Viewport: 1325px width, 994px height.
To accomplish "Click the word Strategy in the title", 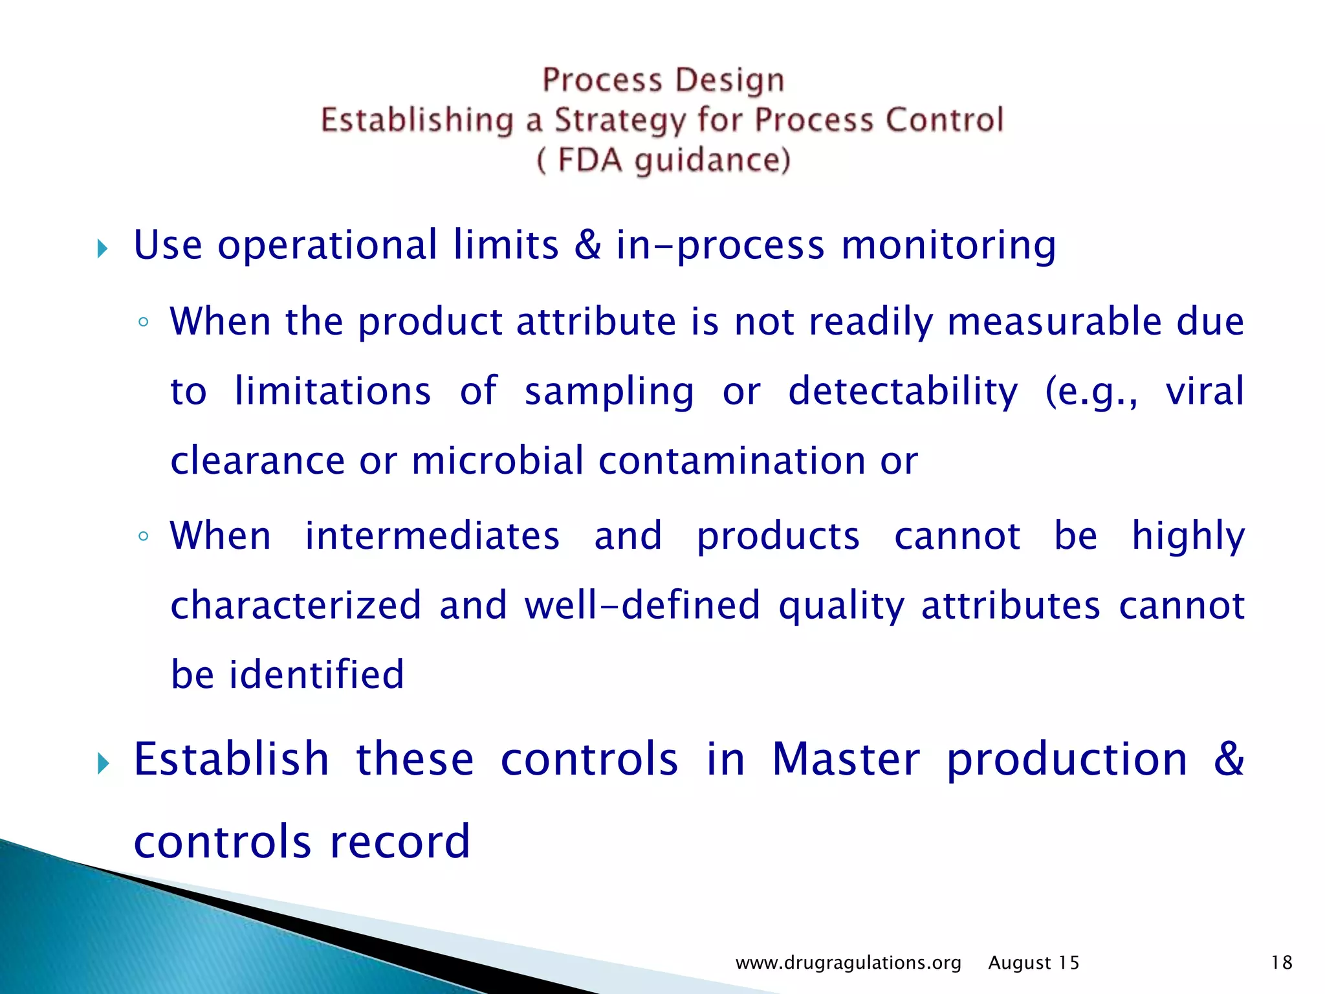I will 619,121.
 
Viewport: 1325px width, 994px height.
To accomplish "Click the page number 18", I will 1282,963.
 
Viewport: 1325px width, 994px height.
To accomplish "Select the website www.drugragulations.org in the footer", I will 848,963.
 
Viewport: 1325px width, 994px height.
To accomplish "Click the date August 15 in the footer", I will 1034,963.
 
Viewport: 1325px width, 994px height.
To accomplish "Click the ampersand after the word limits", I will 587,245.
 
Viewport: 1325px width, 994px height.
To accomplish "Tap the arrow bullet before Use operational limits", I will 102,248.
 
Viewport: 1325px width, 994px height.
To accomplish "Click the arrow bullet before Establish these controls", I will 102,764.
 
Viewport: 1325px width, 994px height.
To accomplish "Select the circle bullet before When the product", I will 144,322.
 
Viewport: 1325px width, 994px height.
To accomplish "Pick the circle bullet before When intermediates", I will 144,536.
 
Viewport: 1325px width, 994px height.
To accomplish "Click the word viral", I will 1205,391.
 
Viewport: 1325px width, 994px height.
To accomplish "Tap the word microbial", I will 497,461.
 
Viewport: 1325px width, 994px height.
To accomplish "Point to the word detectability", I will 903,391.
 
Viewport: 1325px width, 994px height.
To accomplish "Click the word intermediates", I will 432,536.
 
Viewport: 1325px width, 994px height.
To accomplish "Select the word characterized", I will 296,605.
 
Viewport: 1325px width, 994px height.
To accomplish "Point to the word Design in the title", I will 730,80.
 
